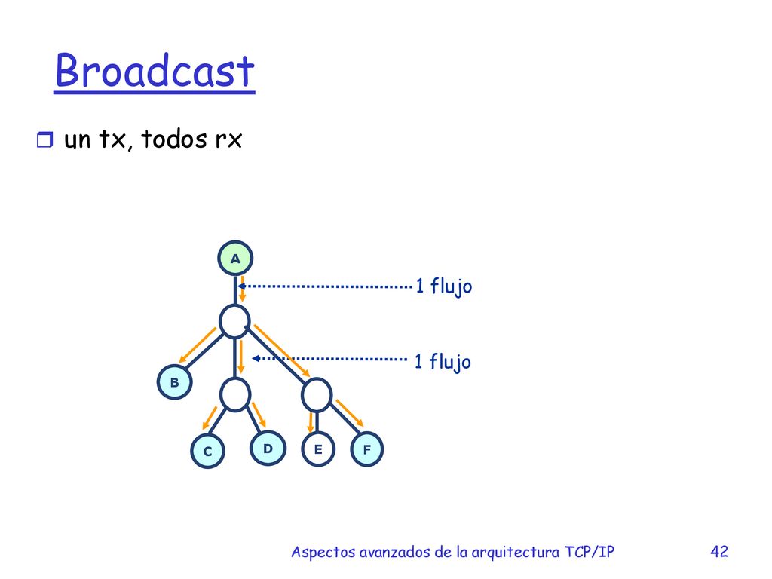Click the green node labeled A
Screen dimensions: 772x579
coord(235,258)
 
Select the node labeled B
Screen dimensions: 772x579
coord(174,382)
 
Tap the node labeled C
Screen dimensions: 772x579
coord(208,451)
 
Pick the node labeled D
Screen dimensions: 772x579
coord(268,448)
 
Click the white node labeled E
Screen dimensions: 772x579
coord(318,449)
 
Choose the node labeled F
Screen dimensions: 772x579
coord(367,449)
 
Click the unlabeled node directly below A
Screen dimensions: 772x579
coord(234,321)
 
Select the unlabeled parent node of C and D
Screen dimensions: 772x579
coord(235,394)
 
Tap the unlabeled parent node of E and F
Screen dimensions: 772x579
coord(317,395)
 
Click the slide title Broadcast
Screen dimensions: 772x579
coord(155,71)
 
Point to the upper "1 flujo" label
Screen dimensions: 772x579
coord(443,286)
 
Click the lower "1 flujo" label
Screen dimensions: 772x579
coord(443,362)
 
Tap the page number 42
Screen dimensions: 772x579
coord(719,551)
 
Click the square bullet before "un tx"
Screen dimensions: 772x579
coord(44,139)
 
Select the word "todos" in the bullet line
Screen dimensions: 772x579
coord(174,139)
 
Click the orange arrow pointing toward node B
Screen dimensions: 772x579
coord(198,345)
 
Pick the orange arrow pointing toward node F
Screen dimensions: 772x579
coord(350,413)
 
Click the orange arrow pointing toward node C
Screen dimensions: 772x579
coord(210,418)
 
